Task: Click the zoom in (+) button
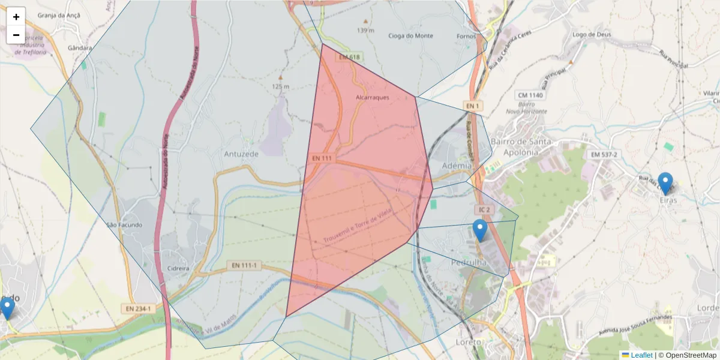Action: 16,17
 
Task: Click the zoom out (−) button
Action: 16,35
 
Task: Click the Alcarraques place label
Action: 373,97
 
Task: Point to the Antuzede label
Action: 241,154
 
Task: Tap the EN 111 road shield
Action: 322,158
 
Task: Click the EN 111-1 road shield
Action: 245,265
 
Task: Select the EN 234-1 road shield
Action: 138,308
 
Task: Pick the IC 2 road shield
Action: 484,209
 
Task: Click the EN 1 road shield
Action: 473,106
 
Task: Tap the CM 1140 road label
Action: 529,95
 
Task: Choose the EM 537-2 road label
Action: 604,155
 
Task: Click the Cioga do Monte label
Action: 411,36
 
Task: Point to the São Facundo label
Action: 124,225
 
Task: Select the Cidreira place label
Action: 179,268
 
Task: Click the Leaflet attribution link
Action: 641,355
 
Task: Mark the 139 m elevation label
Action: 365,30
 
